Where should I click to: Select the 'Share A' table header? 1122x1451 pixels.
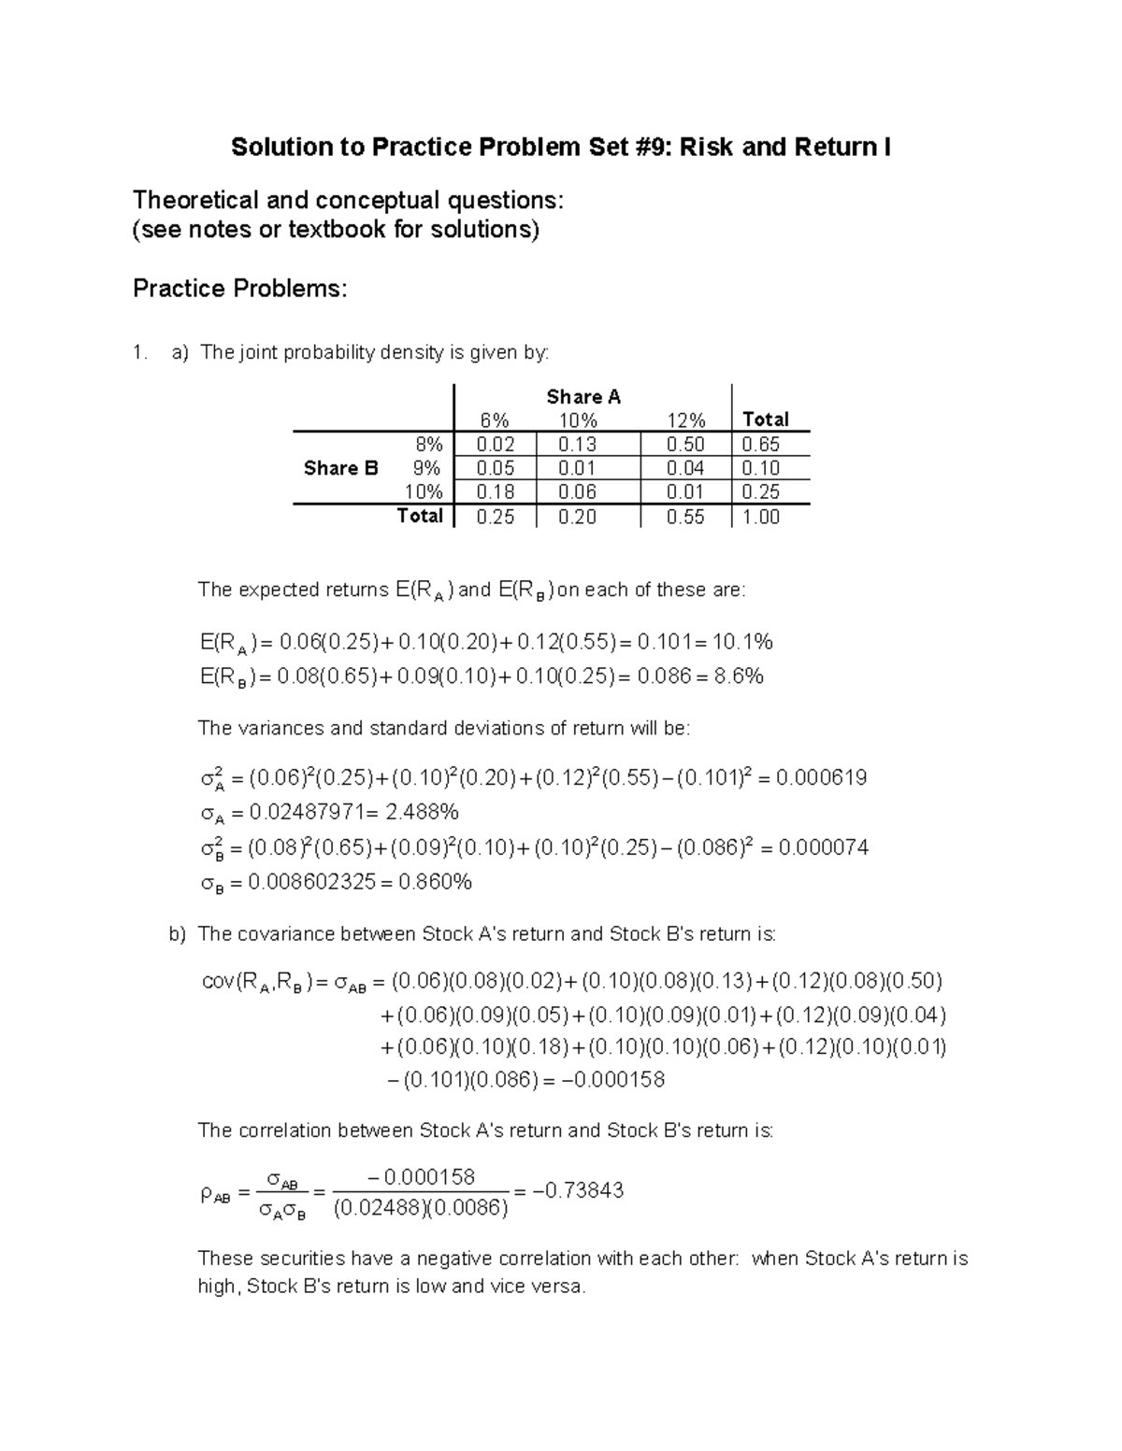(x=583, y=397)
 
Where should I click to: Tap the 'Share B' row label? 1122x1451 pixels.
(x=340, y=468)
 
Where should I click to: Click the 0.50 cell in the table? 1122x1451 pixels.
(x=685, y=445)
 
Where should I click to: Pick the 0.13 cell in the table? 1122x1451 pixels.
(x=577, y=445)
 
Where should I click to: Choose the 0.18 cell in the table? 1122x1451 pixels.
(x=495, y=492)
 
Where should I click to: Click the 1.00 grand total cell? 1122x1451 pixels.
(x=760, y=517)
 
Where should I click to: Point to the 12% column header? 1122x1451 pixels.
(x=685, y=420)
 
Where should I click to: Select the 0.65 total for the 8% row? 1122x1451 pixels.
(x=760, y=445)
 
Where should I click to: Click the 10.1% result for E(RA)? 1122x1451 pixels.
(x=742, y=642)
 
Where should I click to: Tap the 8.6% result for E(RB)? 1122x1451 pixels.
(x=739, y=676)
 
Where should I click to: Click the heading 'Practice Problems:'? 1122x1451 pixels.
(x=239, y=289)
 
